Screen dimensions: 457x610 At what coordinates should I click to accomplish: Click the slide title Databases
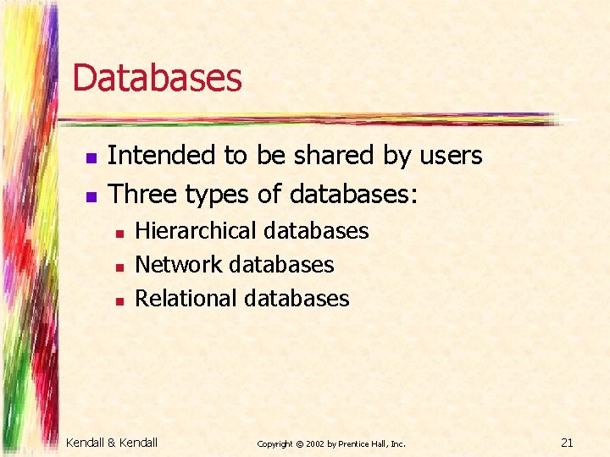(x=157, y=78)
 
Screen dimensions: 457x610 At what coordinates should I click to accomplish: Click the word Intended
(x=162, y=156)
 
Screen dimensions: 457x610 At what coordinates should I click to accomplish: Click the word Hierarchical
(x=196, y=231)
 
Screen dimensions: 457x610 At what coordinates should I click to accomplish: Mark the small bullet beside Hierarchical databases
(x=121, y=233)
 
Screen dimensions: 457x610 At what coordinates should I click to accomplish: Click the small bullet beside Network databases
(x=121, y=267)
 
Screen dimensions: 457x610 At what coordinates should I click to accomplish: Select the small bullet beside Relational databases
(x=121, y=300)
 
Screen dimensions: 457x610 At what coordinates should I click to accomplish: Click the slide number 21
(x=568, y=441)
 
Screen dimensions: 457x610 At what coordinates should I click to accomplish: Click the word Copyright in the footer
(x=274, y=443)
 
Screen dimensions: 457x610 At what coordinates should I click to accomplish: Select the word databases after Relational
(x=297, y=299)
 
